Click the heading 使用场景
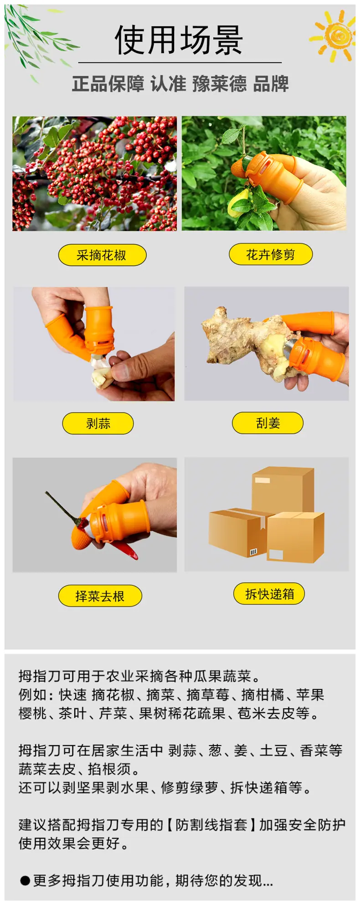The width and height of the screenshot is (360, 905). pos(179,40)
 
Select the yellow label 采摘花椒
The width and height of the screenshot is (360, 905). pos(102,255)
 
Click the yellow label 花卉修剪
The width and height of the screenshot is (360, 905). pos(271,254)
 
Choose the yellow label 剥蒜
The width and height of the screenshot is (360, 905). pos(98,423)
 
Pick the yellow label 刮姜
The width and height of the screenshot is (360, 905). pos(268,423)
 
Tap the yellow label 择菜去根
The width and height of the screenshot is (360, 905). pos(100,596)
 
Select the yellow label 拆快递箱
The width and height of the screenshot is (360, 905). pos(269,594)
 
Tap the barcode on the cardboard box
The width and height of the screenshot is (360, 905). pos(253,552)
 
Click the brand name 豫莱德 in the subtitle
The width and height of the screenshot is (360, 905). pos(219,84)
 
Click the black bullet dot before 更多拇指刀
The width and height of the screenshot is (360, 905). pos(25,880)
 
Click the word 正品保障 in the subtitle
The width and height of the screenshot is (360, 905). pos(108,84)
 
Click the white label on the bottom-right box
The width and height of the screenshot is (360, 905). pos(276,554)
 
